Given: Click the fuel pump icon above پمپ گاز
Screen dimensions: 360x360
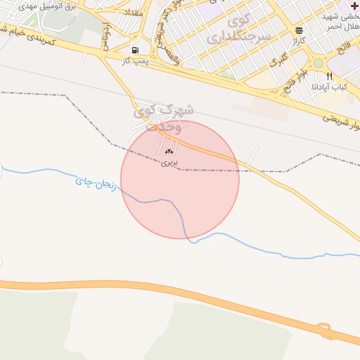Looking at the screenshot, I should pos(134,50).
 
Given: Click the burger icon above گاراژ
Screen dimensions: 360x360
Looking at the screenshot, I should pos(300,30).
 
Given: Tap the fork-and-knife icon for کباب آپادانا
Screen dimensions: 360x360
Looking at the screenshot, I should pos(330,76).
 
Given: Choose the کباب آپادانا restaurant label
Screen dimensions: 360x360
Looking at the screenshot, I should pos(330,87).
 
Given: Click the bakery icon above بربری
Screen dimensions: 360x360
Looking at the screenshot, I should pos(169,150).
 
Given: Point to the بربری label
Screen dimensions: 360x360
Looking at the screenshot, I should pos(169,162).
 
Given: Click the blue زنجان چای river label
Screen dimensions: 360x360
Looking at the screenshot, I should pos(94,185).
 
